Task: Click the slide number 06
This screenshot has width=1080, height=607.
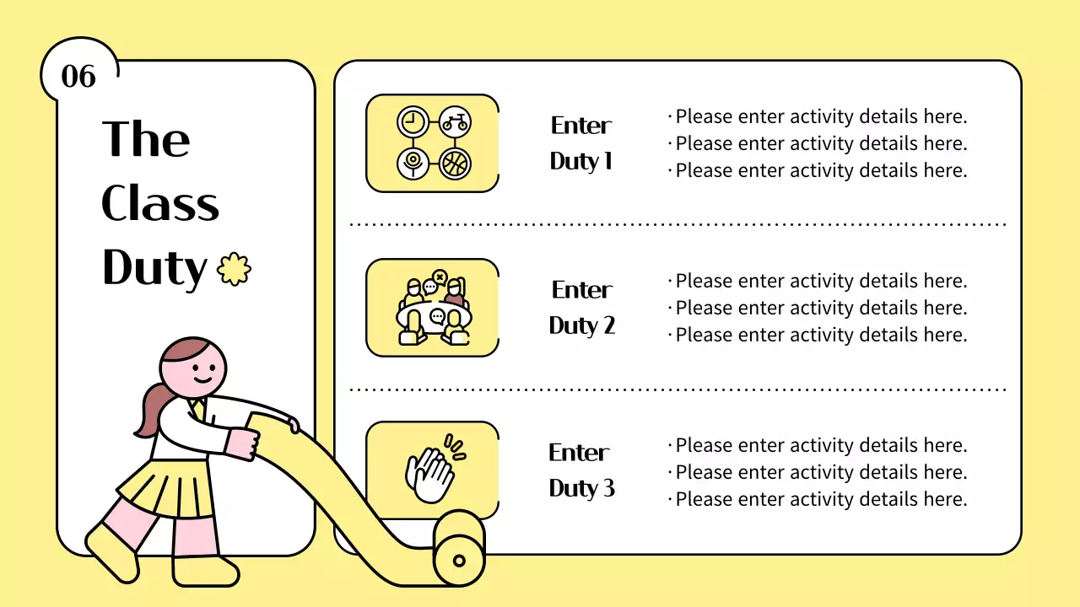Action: click(x=78, y=77)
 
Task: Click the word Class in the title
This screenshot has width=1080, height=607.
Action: click(x=160, y=204)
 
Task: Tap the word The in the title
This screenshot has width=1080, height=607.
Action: click(x=146, y=139)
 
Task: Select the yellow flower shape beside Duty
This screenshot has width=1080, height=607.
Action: click(x=234, y=269)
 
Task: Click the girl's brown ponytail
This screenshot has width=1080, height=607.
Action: click(x=149, y=411)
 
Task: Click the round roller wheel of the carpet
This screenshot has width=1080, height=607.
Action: click(x=459, y=559)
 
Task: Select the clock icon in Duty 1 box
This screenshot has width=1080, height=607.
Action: click(x=412, y=122)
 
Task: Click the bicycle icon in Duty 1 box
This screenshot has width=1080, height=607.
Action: click(x=455, y=122)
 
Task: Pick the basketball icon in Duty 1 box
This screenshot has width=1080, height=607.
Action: click(x=455, y=163)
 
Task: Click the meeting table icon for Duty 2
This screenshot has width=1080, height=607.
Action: click(x=434, y=309)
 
